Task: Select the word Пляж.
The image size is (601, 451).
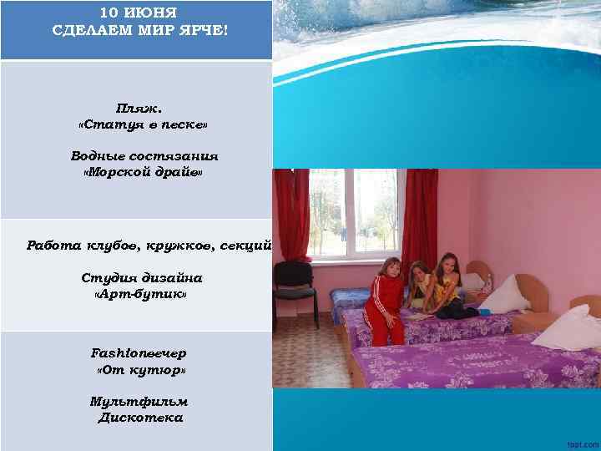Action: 139,108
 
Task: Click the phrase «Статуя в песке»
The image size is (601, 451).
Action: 143,124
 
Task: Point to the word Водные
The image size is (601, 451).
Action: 98,156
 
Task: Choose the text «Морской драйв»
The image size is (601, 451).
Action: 143,173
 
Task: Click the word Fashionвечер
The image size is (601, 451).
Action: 139,352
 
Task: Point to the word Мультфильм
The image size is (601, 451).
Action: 139,402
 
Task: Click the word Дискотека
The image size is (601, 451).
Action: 140,418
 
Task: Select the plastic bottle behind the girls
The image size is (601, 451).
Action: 487,281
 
